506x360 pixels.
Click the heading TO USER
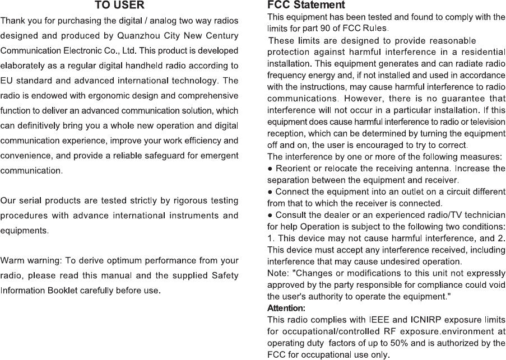tap(119, 6)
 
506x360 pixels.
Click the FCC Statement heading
tap(306, 6)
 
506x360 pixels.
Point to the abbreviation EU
tap(8, 81)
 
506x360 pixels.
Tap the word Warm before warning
tap(14, 261)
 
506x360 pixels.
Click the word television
tap(486, 122)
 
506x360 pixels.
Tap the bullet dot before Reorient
tap(271, 169)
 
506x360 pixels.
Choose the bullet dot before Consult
tap(271, 214)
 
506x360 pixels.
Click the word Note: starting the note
tap(278, 273)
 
